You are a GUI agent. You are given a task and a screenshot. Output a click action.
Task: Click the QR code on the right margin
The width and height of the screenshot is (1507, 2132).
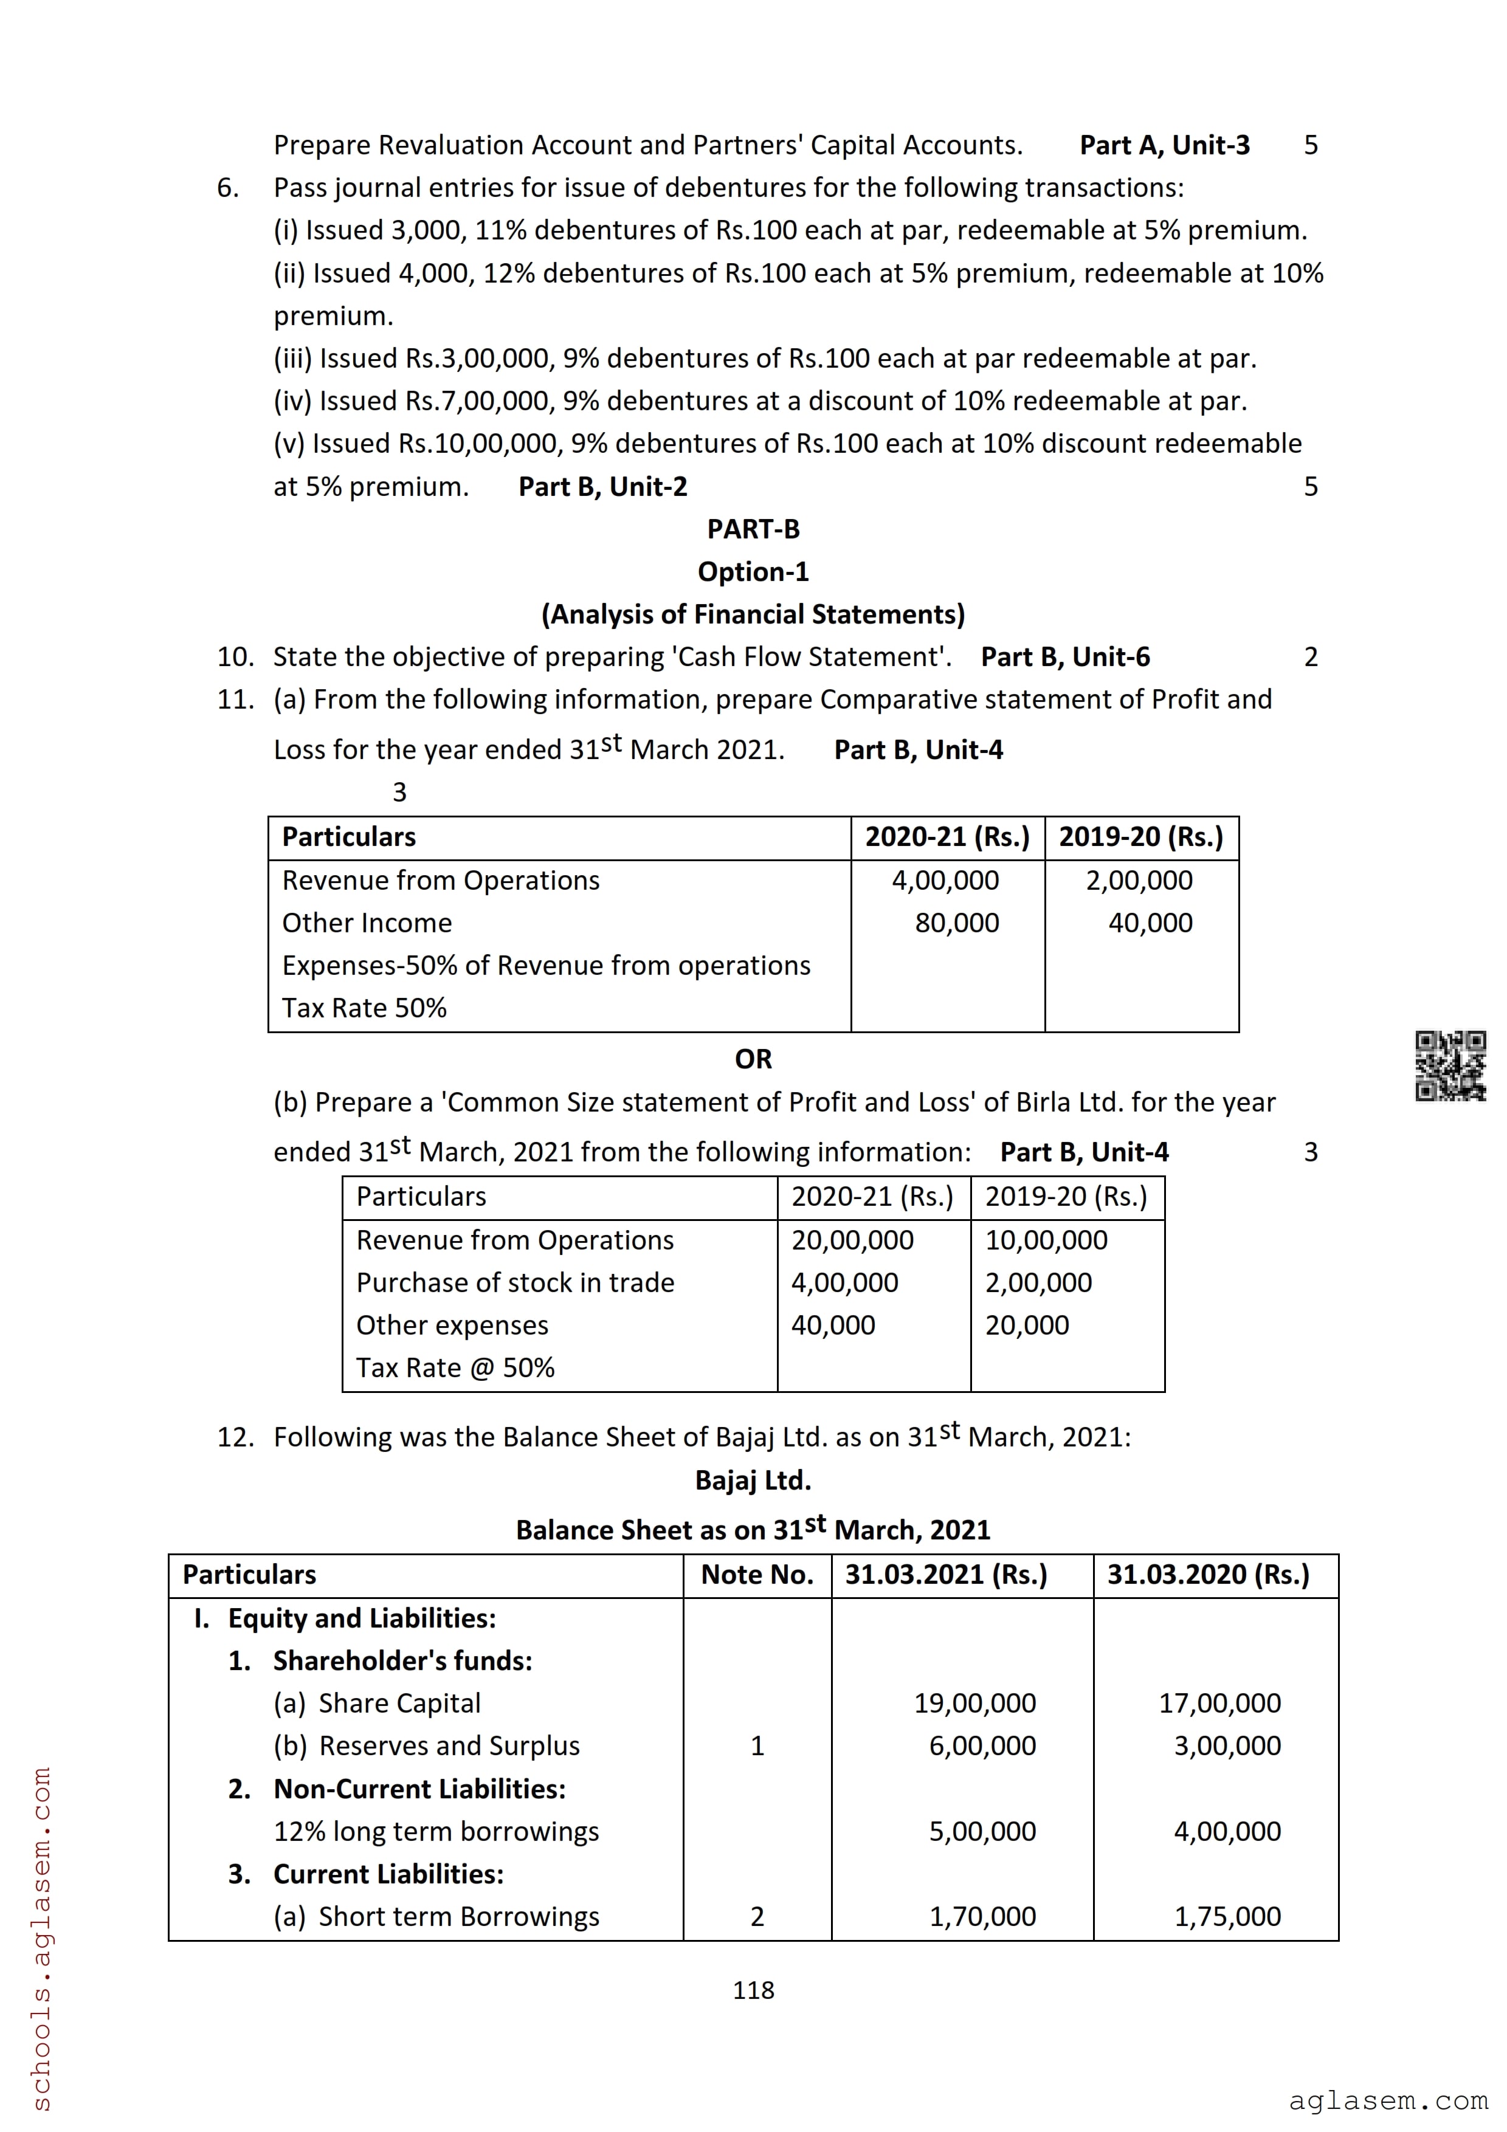pyautogui.click(x=1449, y=1066)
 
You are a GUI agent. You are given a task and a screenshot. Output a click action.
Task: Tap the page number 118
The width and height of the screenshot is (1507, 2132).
pyautogui.click(x=753, y=1990)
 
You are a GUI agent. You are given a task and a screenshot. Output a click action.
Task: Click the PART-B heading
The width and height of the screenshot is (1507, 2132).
pyautogui.click(x=753, y=529)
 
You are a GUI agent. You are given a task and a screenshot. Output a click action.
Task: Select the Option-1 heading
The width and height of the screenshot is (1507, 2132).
pyautogui.click(x=753, y=572)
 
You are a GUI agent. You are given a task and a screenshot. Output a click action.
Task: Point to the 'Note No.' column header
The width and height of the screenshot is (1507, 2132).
pyautogui.click(x=757, y=1575)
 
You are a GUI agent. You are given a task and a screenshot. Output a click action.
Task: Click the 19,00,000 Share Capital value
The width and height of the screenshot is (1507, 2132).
pyautogui.click(x=975, y=1703)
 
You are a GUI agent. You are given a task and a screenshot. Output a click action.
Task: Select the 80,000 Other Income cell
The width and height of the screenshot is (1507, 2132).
pyautogui.click(x=957, y=923)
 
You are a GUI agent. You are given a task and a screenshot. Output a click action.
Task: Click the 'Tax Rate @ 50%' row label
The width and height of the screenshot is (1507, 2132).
pyautogui.click(x=455, y=1368)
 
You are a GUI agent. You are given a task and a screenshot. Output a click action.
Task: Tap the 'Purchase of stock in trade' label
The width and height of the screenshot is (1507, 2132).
pyautogui.click(x=516, y=1282)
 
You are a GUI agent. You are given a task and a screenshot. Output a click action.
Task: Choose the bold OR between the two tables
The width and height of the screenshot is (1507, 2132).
pyautogui.click(x=753, y=1059)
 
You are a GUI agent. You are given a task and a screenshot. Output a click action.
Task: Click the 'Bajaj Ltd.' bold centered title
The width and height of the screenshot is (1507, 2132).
pyautogui.click(x=753, y=1480)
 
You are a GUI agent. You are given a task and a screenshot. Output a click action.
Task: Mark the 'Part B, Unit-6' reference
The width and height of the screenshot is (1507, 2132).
pyautogui.click(x=1065, y=658)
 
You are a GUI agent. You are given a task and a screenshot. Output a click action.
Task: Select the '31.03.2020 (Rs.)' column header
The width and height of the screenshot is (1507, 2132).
pyautogui.click(x=1208, y=1575)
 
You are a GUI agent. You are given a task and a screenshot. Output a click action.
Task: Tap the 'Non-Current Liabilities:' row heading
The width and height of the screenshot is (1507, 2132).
pyautogui.click(x=419, y=1789)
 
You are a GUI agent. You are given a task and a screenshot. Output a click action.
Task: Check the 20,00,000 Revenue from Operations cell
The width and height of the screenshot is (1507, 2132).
pyautogui.click(x=852, y=1240)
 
